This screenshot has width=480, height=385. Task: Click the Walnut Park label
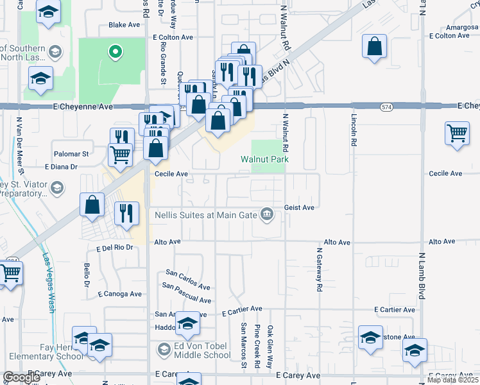pyautogui.click(x=264, y=159)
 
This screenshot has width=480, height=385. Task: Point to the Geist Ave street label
pyautogui.click(x=299, y=207)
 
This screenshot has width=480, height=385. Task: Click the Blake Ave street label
pyautogui.click(x=124, y=25)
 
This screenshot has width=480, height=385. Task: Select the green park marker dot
pyautogui.click(x=115, y=51)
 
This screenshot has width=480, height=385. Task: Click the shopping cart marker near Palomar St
pyautogui.click(x=120, y=154)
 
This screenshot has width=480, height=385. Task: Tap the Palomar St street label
pyautogui.click(x=71, y=154)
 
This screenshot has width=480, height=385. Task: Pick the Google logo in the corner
pyautogui.click(x=21, y=377)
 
